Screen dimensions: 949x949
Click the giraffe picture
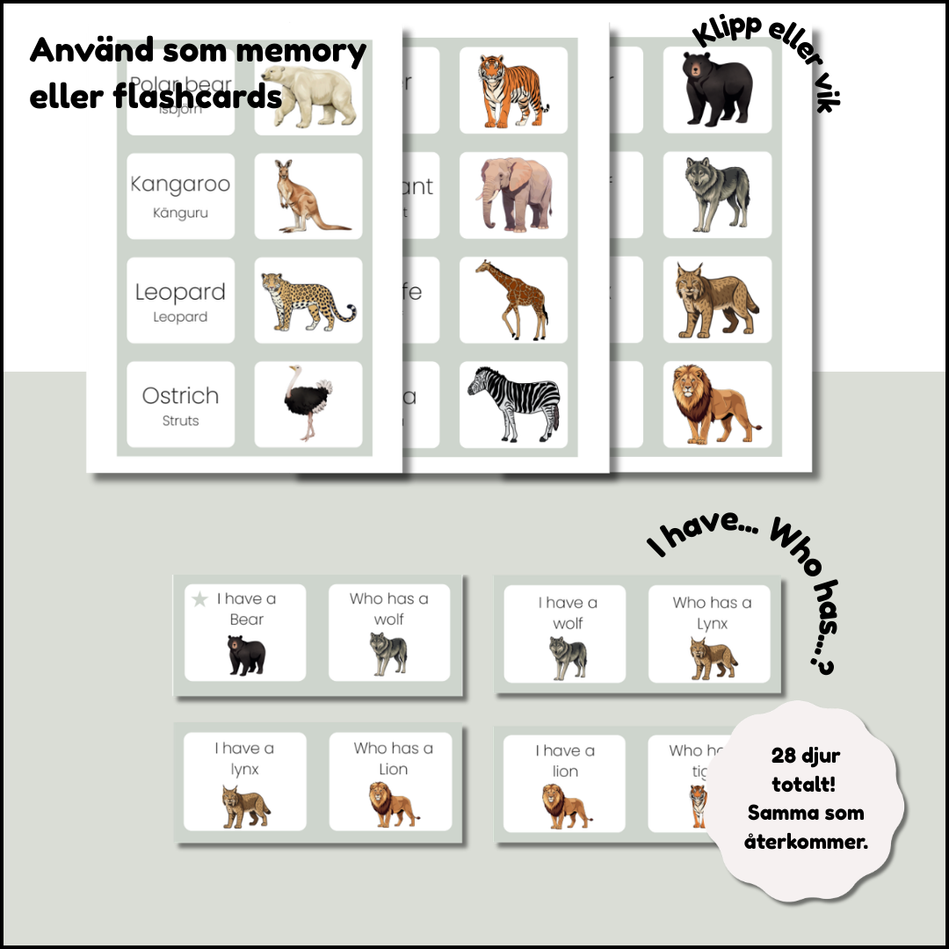[512, 299]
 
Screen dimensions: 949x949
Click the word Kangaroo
[180, 184]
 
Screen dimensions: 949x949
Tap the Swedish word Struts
[180, 421]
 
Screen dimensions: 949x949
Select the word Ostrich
[180, 395]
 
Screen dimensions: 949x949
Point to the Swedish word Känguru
[180, 213]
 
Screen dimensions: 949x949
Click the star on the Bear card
[200, 599]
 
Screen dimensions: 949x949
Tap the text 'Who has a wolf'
[389, 609]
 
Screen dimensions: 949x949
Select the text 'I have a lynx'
[244, 758]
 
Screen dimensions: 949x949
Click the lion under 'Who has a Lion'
[392, 805]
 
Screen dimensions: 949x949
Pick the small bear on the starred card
[247, 656]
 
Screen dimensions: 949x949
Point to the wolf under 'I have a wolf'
[568, 657]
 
